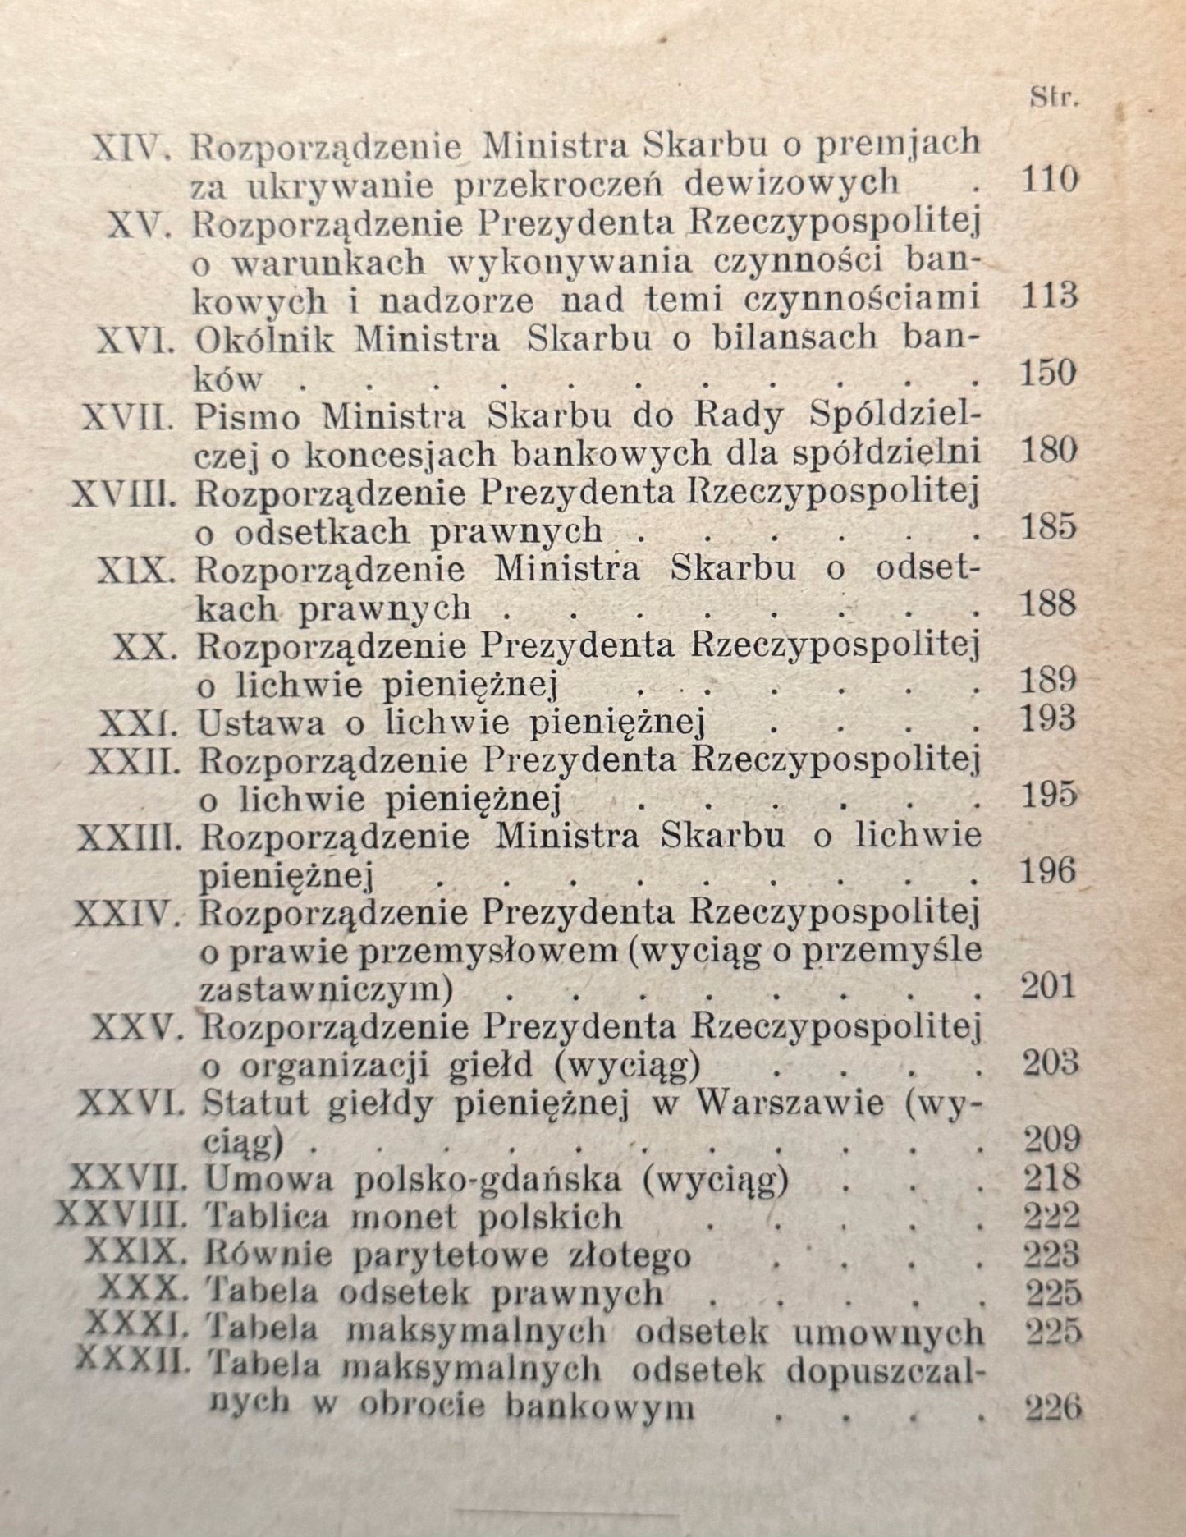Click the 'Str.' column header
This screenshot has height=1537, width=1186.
(1053, 99)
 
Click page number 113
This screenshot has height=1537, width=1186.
(1049, 296)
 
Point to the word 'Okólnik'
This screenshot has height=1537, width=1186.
(265, 337)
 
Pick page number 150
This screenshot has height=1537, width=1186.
(1048, 374)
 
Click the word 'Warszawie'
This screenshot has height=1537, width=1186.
(789, 1102)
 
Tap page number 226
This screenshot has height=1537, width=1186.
(1054, 1409)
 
